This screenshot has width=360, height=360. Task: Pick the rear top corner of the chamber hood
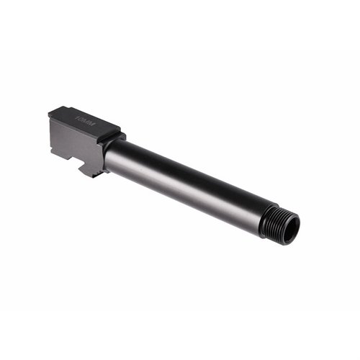coord(51,112)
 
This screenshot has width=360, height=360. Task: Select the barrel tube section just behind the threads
coord(248,209)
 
